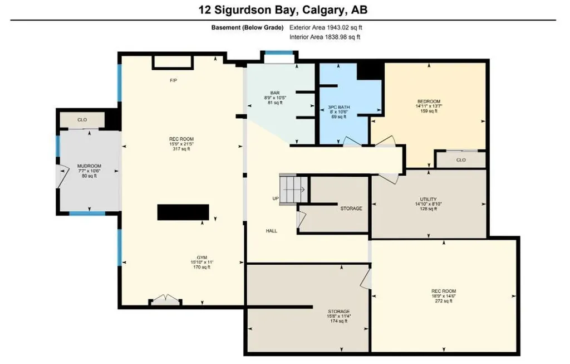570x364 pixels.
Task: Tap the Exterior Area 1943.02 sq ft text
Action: [326, 27]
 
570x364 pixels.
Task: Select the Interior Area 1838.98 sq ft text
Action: [325, 37]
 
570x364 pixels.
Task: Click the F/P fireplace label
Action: [174, 80]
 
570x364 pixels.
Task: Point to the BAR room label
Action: [275, 93]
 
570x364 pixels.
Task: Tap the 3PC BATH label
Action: [339, 108]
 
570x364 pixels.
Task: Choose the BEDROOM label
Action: [429, 101]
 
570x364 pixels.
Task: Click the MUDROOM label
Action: [90, 166]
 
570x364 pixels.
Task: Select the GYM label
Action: [202, 258]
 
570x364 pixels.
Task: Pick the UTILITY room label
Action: [428, 199]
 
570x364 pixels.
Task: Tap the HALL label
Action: [272, 231]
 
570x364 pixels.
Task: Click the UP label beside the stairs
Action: [276, 199]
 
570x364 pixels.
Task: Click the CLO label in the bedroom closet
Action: [461, 160]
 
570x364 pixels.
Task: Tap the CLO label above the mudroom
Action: [82, 120]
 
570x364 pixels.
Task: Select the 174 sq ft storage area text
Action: [339, 321]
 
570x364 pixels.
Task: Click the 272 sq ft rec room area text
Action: [444, 300]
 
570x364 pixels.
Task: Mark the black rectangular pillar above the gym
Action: [183, 212]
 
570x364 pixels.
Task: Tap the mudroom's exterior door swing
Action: [62, 177]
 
